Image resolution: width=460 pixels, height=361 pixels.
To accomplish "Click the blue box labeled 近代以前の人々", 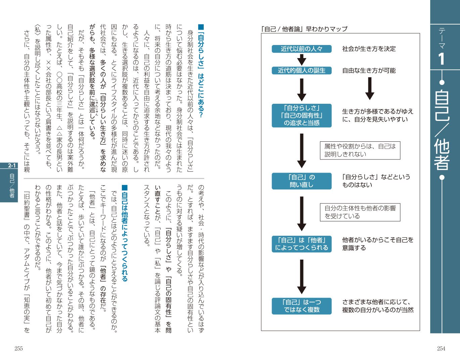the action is click(302, 49).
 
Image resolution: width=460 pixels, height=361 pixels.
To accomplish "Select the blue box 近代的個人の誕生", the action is click(302, 71).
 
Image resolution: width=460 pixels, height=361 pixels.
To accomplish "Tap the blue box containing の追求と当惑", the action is click(302, 116).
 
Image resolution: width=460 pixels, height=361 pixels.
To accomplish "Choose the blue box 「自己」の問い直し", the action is click(302, 181).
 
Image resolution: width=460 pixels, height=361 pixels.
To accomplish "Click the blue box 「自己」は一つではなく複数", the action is click(302, 306).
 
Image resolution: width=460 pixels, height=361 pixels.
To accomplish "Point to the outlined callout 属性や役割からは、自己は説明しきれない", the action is click(360, 150).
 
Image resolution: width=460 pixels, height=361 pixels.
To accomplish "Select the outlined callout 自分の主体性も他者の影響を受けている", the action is click(360, 212).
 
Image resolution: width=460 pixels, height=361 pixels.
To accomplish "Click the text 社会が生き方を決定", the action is click(369, 49).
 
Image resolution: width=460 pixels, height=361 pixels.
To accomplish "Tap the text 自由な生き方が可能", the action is click(369, 71).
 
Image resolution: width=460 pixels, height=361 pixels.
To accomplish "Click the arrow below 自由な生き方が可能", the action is click(370, 88).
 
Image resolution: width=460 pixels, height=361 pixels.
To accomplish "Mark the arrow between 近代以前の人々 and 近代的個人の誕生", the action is click(302, 60).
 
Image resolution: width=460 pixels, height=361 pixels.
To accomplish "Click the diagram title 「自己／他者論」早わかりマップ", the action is click(304, 29).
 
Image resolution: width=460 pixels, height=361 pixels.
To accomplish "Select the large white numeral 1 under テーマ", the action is click(442, 59).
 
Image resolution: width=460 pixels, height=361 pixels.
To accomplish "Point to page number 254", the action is click(441, 349).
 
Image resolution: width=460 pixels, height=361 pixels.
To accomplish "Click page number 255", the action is click(19, 349).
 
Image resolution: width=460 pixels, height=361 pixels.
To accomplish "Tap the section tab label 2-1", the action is click(12, 166).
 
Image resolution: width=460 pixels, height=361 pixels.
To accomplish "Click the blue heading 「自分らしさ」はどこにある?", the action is click(201, 71).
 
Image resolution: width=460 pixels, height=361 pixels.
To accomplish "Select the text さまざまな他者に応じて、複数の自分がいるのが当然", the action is click(377, 306).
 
